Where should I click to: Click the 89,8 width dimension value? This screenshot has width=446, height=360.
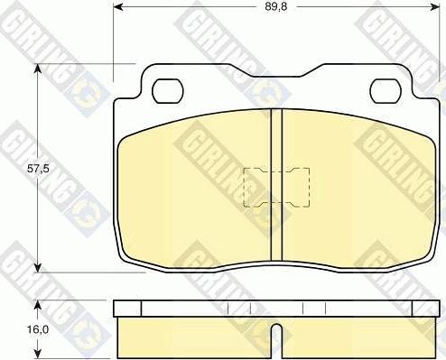click(276, 7)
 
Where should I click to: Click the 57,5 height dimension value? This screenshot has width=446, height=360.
click(38, 169)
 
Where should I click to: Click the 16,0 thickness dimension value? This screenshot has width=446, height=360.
click(38, 330)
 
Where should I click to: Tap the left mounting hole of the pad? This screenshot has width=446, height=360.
click(168, 91)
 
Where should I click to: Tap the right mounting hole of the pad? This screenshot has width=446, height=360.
click(386, 91)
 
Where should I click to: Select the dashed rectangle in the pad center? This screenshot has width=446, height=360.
click(276, 188)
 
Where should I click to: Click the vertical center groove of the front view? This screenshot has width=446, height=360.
click(276, 185)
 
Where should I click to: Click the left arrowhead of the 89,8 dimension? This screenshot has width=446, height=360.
click(118, 7)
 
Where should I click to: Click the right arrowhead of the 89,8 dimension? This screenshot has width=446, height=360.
click(434, 7)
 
